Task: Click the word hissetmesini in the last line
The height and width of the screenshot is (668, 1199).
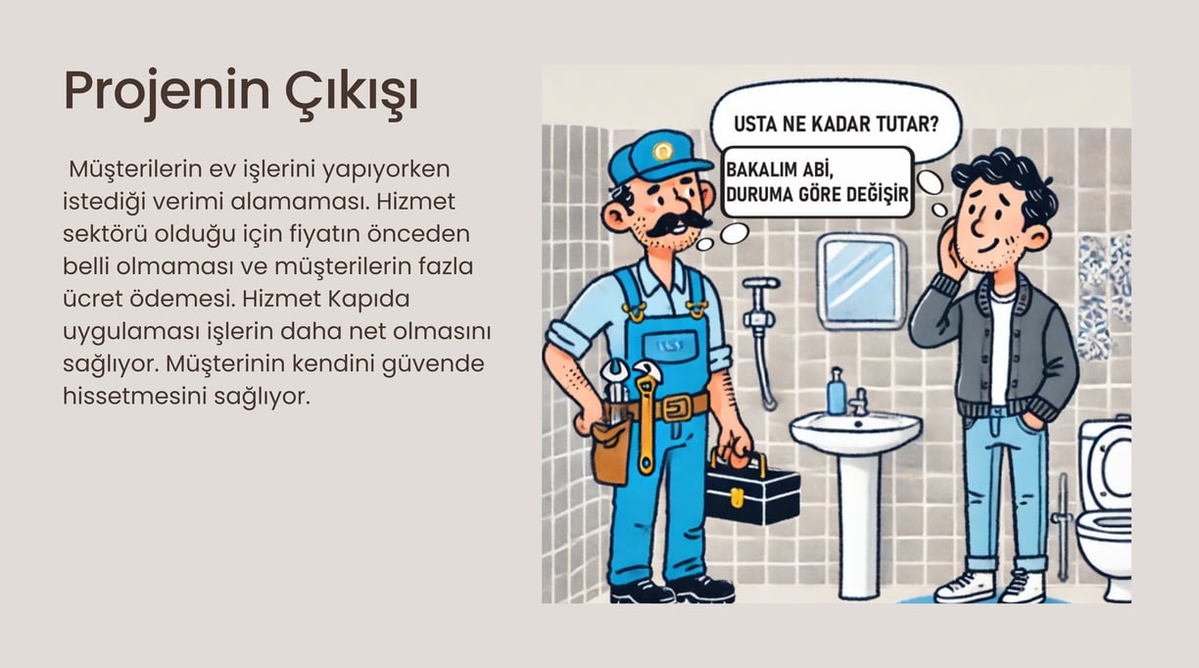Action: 135,397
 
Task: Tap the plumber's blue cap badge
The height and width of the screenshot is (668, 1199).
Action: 662,152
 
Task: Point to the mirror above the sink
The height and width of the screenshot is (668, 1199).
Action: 861,280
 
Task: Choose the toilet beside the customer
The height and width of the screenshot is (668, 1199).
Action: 1104,508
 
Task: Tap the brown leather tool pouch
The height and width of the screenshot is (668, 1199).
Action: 610,451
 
